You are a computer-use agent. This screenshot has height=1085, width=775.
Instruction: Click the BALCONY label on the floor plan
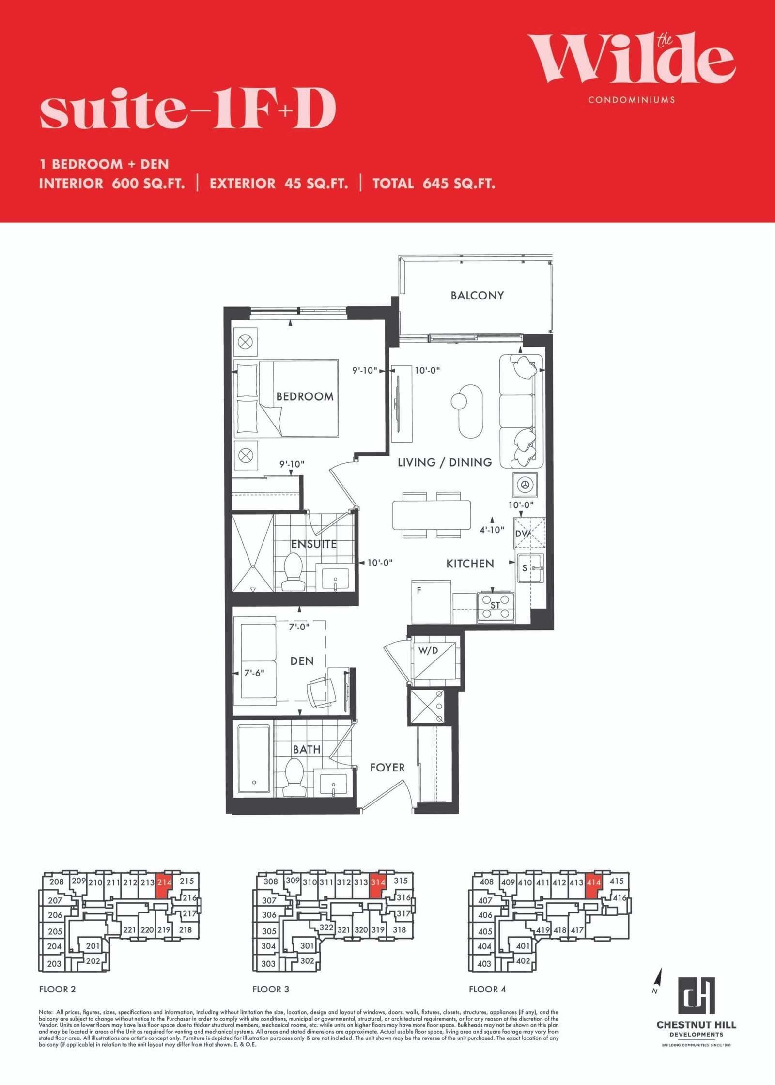point(477,295)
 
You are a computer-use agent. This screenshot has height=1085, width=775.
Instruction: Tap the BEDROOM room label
point(305,396)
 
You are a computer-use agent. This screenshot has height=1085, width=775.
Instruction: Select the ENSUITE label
point(314,544)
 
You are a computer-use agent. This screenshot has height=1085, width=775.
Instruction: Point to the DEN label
point(302,661)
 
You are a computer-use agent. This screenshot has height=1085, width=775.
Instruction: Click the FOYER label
point(387,768)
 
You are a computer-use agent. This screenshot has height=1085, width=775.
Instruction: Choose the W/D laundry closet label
point(428,651)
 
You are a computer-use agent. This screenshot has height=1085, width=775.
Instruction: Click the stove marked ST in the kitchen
point(495,606)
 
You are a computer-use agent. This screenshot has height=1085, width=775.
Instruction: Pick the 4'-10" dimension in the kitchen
point(492,530)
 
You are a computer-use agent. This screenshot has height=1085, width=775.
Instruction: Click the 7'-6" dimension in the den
point(254,673)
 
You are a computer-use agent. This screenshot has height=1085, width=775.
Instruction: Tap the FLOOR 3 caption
point(271,989)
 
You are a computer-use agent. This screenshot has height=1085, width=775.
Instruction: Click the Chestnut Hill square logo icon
point(696,995)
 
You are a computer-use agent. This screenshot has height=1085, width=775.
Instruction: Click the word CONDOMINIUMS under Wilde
point(632,100)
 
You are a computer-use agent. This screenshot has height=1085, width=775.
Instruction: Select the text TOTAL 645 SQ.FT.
point(434,184)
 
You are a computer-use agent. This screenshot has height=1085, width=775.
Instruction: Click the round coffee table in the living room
point(459,401)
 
